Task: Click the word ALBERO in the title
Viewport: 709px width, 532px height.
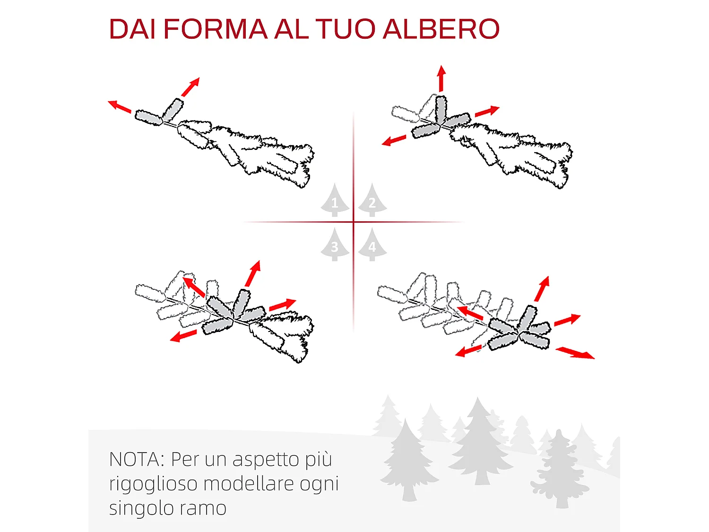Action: (x=441, y=29)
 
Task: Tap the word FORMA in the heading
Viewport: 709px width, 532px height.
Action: (x=216, y=29)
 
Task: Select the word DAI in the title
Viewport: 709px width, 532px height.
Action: (x=132, y=29)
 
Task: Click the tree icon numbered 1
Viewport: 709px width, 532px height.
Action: (x=335, y=201)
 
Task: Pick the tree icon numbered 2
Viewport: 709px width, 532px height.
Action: (x=372, y=201)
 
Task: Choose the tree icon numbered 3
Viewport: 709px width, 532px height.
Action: (x=335, y=244)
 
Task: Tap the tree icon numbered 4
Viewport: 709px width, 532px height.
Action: (x=372, y=244)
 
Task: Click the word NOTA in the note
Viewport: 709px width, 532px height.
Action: (x=134, y=460)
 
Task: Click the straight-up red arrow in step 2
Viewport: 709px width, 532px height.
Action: (x=441, y=78)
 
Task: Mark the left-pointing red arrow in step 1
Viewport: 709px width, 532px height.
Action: (x=120, y=106)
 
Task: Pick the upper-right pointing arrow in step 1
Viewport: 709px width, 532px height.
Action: (x=190, y=87)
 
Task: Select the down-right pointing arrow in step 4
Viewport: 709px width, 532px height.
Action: (x=575, y=353)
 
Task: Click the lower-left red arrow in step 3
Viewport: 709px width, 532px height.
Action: (x=183, y=336)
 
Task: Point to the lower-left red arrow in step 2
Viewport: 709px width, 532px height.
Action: (x=394, y=140)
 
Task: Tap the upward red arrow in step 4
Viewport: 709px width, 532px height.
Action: (x=542, y=289)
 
